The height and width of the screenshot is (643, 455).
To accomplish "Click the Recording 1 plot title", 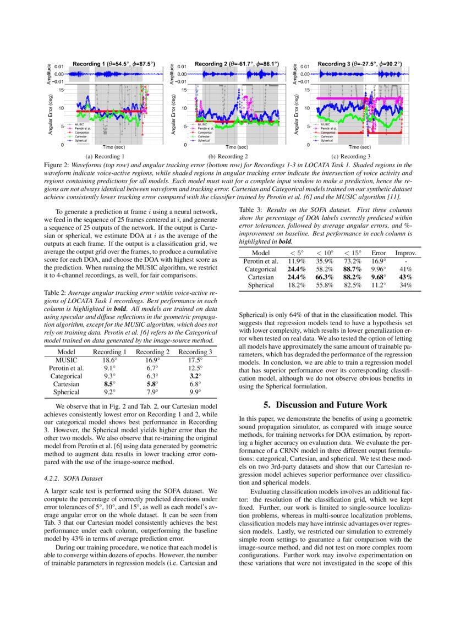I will pos(114,64).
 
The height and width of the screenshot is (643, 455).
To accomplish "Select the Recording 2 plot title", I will pos(237,64).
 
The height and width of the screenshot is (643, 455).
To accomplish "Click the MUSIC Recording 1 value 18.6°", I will pos(109,360).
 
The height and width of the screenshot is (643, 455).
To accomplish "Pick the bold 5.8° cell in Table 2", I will pos(152,384).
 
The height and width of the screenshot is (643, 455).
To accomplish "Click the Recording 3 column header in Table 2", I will pos(195,352).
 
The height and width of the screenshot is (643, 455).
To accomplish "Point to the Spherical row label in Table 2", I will pos(66,392).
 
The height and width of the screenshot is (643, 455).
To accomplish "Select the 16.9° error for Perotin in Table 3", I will pos(378,261).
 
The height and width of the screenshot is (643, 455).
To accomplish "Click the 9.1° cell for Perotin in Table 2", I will pos(109,368).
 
